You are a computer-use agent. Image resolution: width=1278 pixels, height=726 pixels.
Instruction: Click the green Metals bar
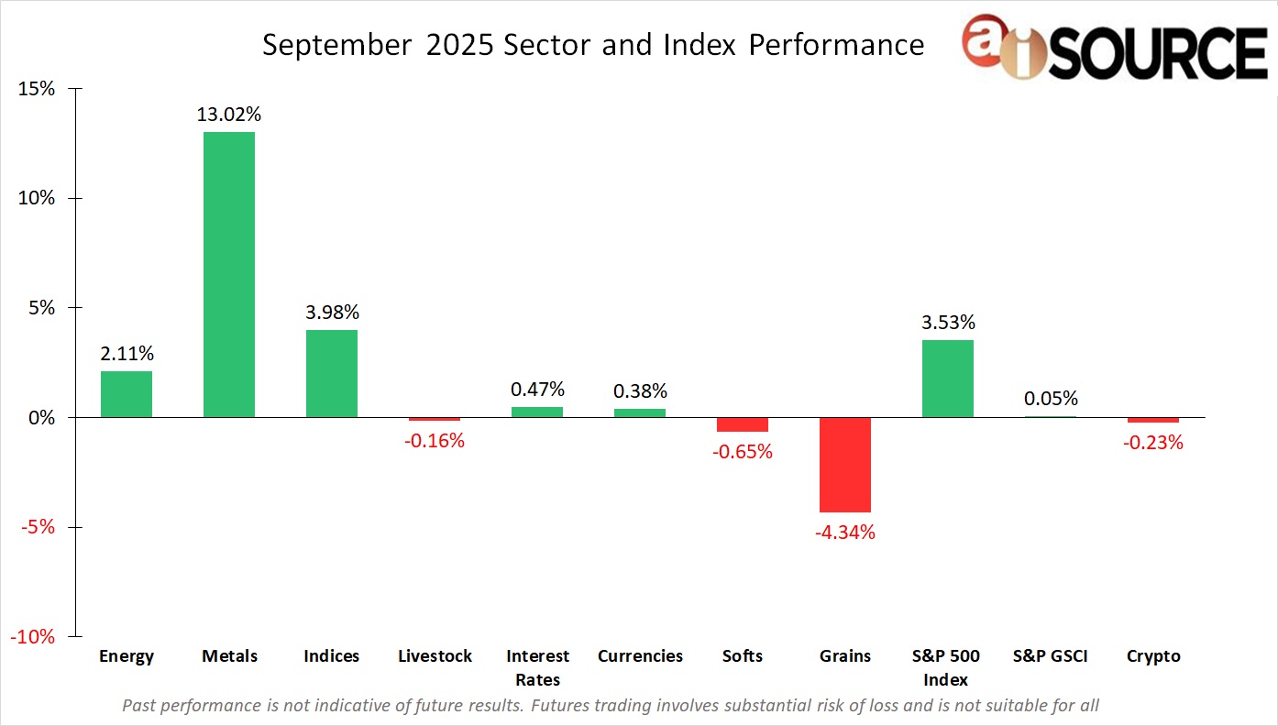pos(229,275)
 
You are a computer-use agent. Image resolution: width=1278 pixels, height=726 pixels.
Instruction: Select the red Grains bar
pos(845,465)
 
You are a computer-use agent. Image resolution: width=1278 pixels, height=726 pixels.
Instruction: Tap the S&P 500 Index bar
pos(948,379)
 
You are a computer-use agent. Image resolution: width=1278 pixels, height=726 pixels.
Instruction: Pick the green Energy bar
pos(127,394)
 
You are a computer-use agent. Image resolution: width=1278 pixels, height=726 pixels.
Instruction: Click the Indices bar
pos(332,374)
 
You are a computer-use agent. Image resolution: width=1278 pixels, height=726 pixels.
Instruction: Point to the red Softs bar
pos(743,424)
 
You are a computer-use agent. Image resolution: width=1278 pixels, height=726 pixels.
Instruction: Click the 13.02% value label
pos(229,115)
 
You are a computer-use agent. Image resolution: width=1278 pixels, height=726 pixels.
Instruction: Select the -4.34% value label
pos(845,532)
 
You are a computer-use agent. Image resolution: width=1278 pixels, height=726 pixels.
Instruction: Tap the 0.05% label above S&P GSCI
pos(1051,399)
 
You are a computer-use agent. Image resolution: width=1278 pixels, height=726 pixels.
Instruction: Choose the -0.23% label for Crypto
pos(1153,443)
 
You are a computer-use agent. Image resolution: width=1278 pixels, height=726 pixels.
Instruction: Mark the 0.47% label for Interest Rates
pos(537,390)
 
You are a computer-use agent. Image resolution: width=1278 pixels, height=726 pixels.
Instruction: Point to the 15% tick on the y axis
pos(37,89)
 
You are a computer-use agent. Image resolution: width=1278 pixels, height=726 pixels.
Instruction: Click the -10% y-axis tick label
pos(33,636)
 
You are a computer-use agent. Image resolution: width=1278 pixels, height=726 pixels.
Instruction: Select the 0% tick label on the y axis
pos(41,418)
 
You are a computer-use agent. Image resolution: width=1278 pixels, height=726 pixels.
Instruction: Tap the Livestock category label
pos(435,656)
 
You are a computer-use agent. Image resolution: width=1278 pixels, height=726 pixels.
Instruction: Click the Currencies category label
pos(640,656)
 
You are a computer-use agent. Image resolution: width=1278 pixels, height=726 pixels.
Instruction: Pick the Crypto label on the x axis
pos(1153,656)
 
